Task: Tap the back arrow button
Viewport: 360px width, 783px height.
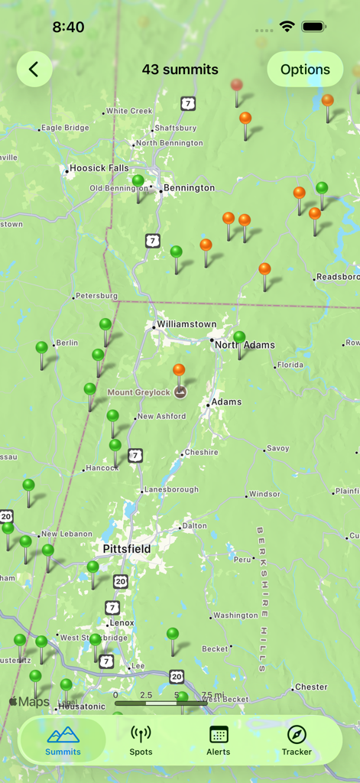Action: coord(34,70)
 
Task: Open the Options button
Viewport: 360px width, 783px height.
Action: coord(305,70)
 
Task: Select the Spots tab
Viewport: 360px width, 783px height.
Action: coord(141,740)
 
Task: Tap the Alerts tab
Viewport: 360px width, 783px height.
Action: coord(219,740)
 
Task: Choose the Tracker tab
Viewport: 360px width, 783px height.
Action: coord(297,740)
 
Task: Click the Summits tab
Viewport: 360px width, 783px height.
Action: coord(63,740)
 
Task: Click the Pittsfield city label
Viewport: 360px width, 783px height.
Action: coord(127,549)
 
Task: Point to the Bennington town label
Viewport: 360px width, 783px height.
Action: coord(189,188)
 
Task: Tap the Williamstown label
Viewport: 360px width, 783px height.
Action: coord(186,324)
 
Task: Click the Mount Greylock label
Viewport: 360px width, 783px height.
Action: coord(138,393)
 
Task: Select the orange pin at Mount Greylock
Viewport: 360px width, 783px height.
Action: coord(179,371)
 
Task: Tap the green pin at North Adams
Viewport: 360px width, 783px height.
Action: coord(239,337)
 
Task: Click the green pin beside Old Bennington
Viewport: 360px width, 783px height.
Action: coord(138,182)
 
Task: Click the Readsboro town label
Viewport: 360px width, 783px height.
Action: coord(337,277)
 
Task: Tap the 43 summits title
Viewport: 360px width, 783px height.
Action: coord(180,70)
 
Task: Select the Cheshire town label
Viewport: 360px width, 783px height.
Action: coord(202,452)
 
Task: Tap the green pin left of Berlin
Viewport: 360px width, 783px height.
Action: coord(41,349)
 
